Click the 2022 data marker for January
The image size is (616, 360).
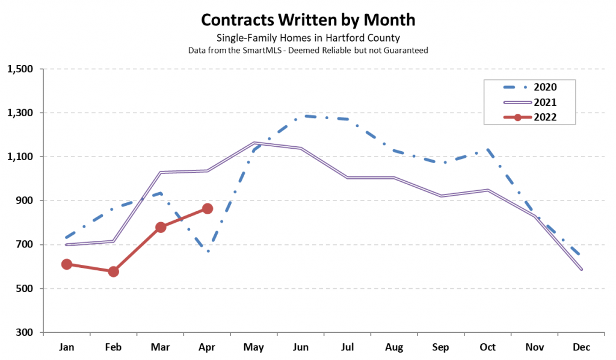[67, 264]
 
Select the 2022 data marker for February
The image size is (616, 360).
[113, 272]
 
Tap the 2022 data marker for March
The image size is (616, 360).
[161, 227]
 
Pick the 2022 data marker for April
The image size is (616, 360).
[208, 208]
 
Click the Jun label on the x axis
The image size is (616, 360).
[301, 348]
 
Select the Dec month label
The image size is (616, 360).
[581, 348]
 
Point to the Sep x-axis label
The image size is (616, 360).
[441, 348]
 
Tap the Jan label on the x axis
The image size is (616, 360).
[67, 348]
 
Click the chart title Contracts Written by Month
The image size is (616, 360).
[308, 20]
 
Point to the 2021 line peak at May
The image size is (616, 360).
[254, 143]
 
